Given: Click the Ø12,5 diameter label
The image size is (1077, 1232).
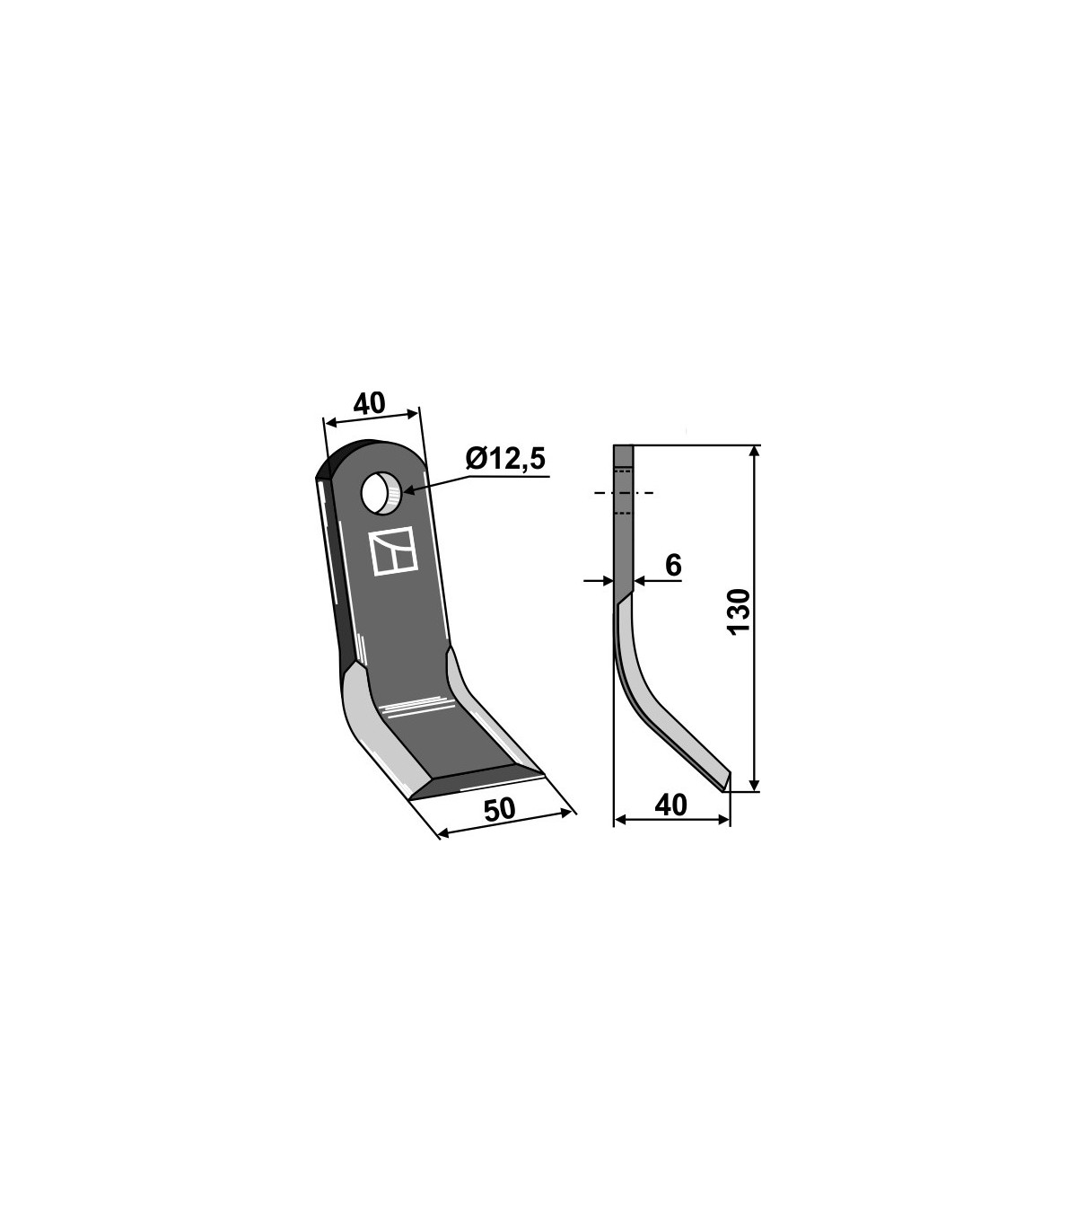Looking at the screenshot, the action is click(x=504, y=459).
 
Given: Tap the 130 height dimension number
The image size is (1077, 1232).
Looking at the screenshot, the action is click(x=740, y=611).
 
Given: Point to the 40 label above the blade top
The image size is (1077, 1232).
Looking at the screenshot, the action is click(x=369, y=403).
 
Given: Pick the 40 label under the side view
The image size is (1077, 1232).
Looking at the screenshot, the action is click(x=670, y=805).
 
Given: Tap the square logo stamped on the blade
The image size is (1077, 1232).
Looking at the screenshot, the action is click(x=394, y=551).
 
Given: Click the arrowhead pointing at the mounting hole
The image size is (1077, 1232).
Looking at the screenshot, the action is click(x=412, y=490).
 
